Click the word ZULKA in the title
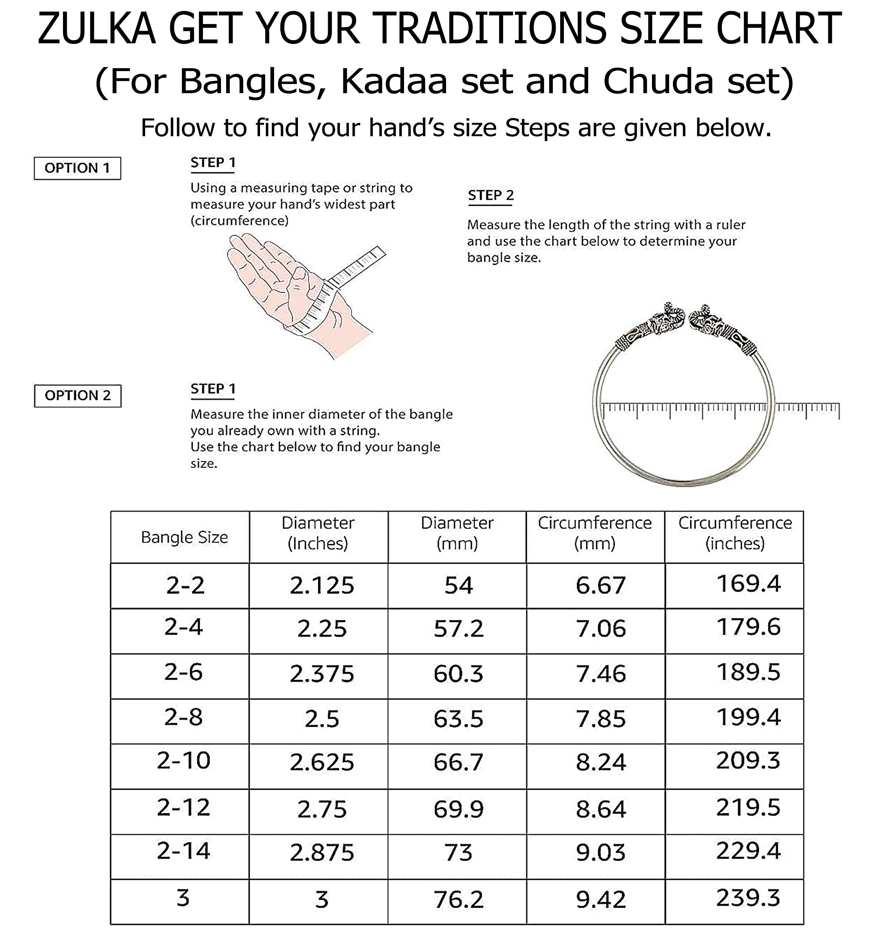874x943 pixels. [96, 29]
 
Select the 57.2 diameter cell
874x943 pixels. [458, 629]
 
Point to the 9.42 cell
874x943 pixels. [600, 900]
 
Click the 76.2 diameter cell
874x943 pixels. [458, 900]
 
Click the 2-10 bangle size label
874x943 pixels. [183, 761]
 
